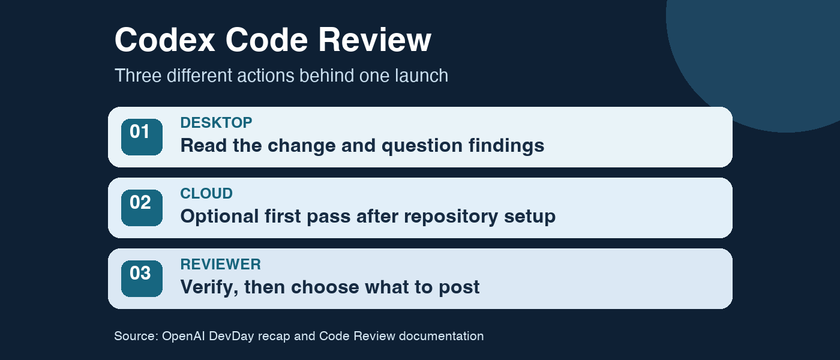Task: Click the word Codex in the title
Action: [164, 40]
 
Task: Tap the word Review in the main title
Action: [374, 40]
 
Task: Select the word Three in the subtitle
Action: [137, 76]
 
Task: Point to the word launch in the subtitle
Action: [421, 76]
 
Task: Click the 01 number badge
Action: [142, 137]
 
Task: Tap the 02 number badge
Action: [142, 208]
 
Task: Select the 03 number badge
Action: [142, 278]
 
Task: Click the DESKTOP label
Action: [216, 122]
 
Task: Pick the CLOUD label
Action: [206, 193]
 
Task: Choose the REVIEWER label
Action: [221, 265]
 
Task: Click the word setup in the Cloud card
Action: [530, 217]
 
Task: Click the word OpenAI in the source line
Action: [184, 336]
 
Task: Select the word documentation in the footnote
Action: [442, 336]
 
